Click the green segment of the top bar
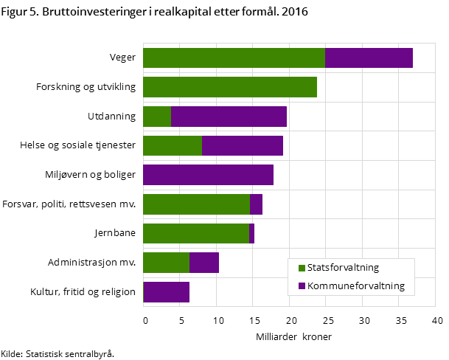coord(234,58)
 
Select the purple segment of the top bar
coord(369,58)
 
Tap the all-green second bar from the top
coord(229,87)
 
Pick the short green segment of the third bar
coord(157,117)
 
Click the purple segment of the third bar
coord(229,117)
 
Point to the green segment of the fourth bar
coord(173,145)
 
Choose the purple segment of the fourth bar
coord(243,145)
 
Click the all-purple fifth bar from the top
coord(208,175)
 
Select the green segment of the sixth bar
coord(196,204)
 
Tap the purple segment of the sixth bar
coord(257,204)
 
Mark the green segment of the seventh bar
coord(195,233)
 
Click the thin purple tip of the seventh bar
coord(251,233)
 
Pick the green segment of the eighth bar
coord(166,263)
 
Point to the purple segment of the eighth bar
coord(204,263)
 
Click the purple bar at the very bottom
coord(167,292)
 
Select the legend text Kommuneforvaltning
coord(356,285)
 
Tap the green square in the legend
coord(302,268)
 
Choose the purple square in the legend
coord(302,285)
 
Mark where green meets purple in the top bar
coord(325,58)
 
